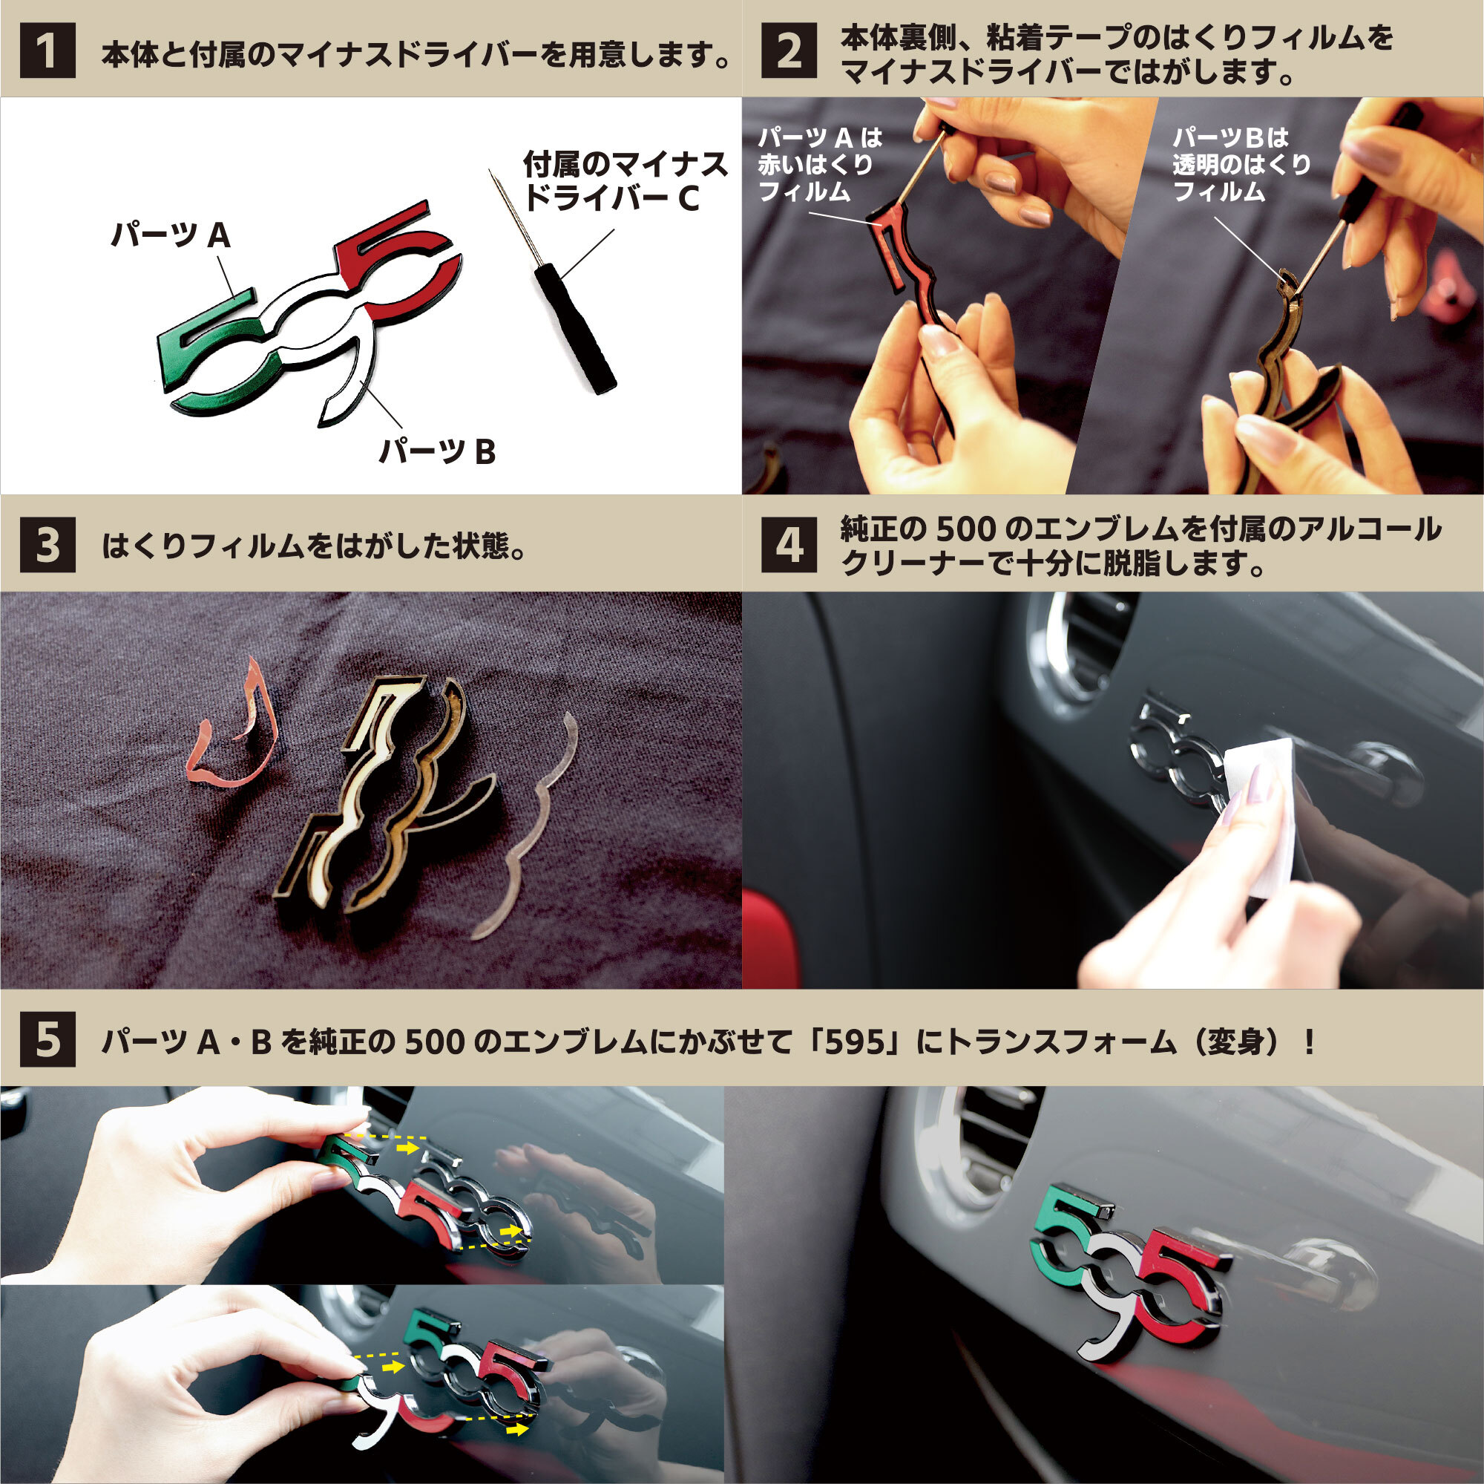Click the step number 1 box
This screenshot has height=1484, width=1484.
(x=47, y=50)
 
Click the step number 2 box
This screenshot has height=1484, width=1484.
(x=789, y=50)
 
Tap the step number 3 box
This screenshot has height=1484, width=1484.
(x=47, y=545)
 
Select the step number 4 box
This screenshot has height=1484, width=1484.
(x=789, y=545)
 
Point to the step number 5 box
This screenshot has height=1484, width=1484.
(x=47, y=1039)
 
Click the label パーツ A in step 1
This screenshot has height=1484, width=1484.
(x=171, y=235)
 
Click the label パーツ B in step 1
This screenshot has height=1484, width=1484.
(x=437, y=451)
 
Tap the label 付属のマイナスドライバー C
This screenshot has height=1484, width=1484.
(x=624, y=181)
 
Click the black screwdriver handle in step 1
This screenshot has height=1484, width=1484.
(x=576, y=327)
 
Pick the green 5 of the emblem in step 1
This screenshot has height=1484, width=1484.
(x=201, y=338)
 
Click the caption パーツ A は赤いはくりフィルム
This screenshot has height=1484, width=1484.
(x=818, y=165)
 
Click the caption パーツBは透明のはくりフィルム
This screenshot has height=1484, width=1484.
(x=1240, y=165)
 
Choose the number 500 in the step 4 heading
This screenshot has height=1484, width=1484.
(x=965, y=529)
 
